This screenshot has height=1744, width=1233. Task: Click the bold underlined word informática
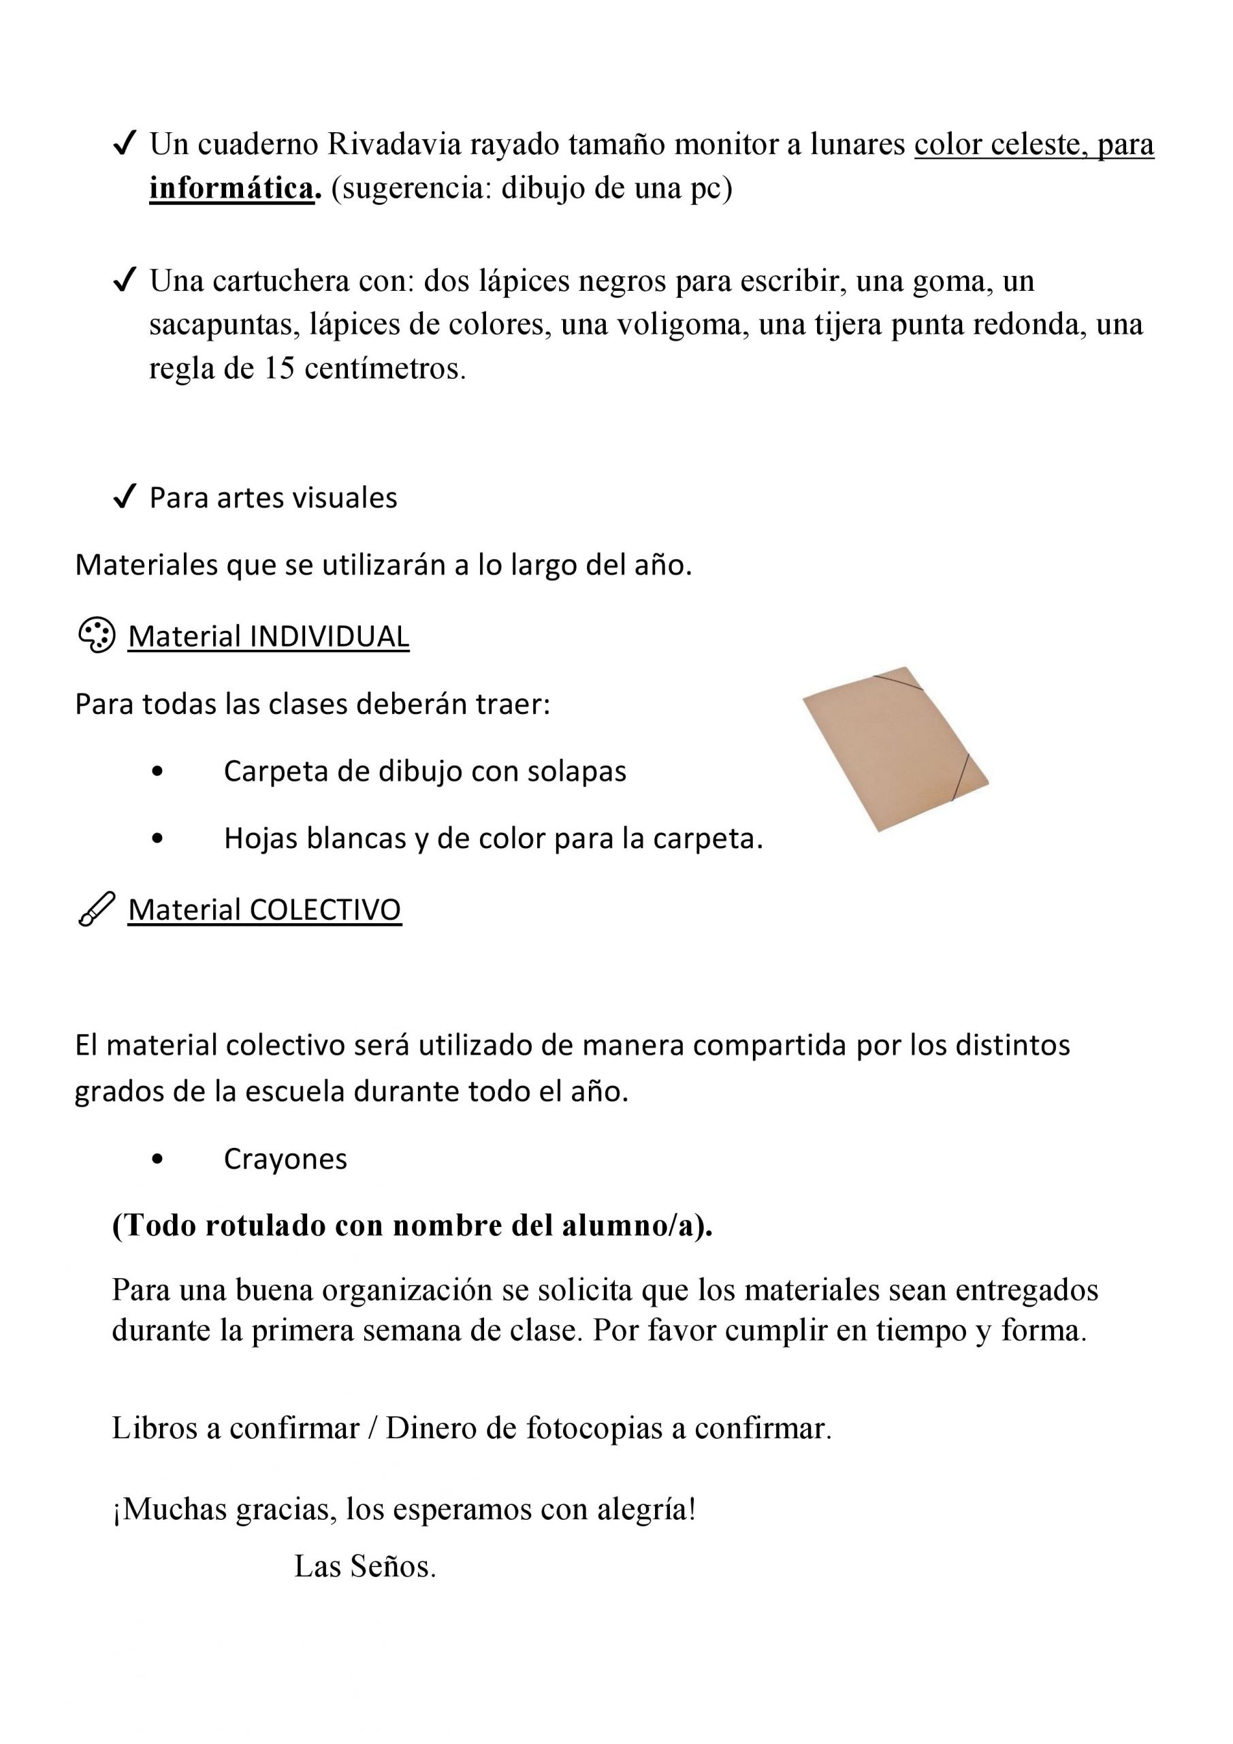pyautogui.click(x=231, y=189)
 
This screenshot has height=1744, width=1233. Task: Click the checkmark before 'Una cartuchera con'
pyautogui.click(x=123, y=281)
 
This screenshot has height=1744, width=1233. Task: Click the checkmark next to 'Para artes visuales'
pyautogui.click(x=123, y=498)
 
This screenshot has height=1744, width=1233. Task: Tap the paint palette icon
pyautogui.click(x=97, y=636)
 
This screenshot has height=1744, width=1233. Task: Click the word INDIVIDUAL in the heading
pyautogui.click(x=329, y=636)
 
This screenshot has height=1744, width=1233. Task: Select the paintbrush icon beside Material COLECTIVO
pyautogui.click(x=97, y=909)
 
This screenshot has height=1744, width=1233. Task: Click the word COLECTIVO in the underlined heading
pyautogui.click(x=325, y=910)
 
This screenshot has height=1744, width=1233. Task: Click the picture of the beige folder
pyautogui.click(x=895, y=749)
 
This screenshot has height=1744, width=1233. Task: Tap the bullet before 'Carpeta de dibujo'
pyautogui.click(x=157, y=772)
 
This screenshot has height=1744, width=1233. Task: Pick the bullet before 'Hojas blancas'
pyautogui.click(x=157, y=839)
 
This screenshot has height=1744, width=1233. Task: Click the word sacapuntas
pyautogui.click(x=212, y=325)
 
